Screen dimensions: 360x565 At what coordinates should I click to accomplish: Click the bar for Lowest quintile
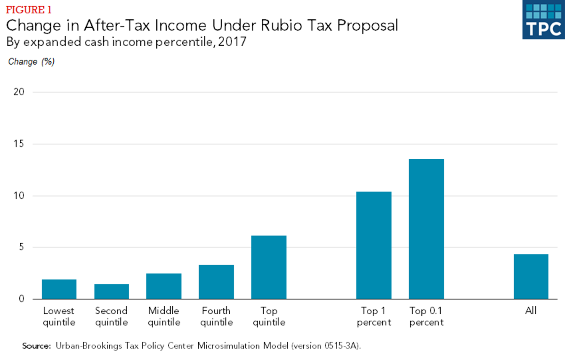pyautogui.click(x=59, y=289)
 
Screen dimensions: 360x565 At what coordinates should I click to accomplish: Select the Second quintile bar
pyautogui.click(x=112, y=291)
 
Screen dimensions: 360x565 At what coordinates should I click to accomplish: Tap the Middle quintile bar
pyautogui.click(x=164, y=286)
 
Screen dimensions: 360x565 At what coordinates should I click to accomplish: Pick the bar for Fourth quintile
pyautogui.click(x=216, y=282)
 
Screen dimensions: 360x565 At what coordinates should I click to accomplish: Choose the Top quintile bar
pyautogui.click(x=269, y=267)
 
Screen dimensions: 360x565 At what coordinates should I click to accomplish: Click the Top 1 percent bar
pyautogui.click(x=374, y=245)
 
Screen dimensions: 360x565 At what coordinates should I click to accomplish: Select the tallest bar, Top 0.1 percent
pyautogui.click(x=426, y=229)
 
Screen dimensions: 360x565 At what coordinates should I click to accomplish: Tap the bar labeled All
pyautogui.click(x=531, y=277)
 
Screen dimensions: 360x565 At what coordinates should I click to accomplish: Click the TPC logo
pyautogui.click(x=543, y=19)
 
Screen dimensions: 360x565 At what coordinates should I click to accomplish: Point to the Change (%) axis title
pyautogui.click(x=32, y=62)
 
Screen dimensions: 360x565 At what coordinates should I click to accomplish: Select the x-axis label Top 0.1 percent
pyautogui.click(x=426, y=317)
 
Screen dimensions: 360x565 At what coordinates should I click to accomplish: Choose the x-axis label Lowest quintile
pyautogui.click(x=59, y=317)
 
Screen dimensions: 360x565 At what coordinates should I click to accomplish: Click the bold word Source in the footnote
pyautogui.click(x=36, y=345)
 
